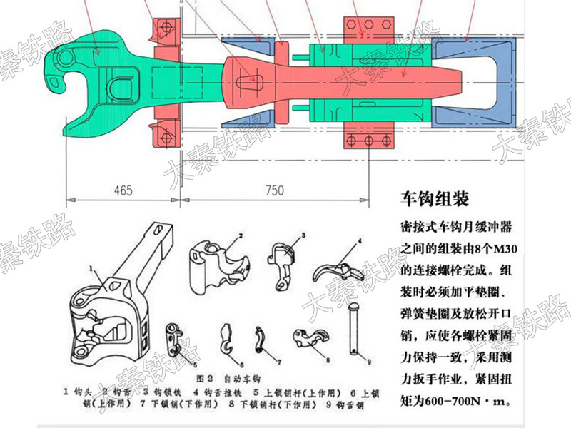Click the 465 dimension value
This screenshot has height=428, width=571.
click(x=123, y=190)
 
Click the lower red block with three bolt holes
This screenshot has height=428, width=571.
click(x=368, y=135)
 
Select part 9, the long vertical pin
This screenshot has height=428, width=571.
click(x=354, y=329)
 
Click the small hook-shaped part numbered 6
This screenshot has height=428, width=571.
click(x=228, y=339)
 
